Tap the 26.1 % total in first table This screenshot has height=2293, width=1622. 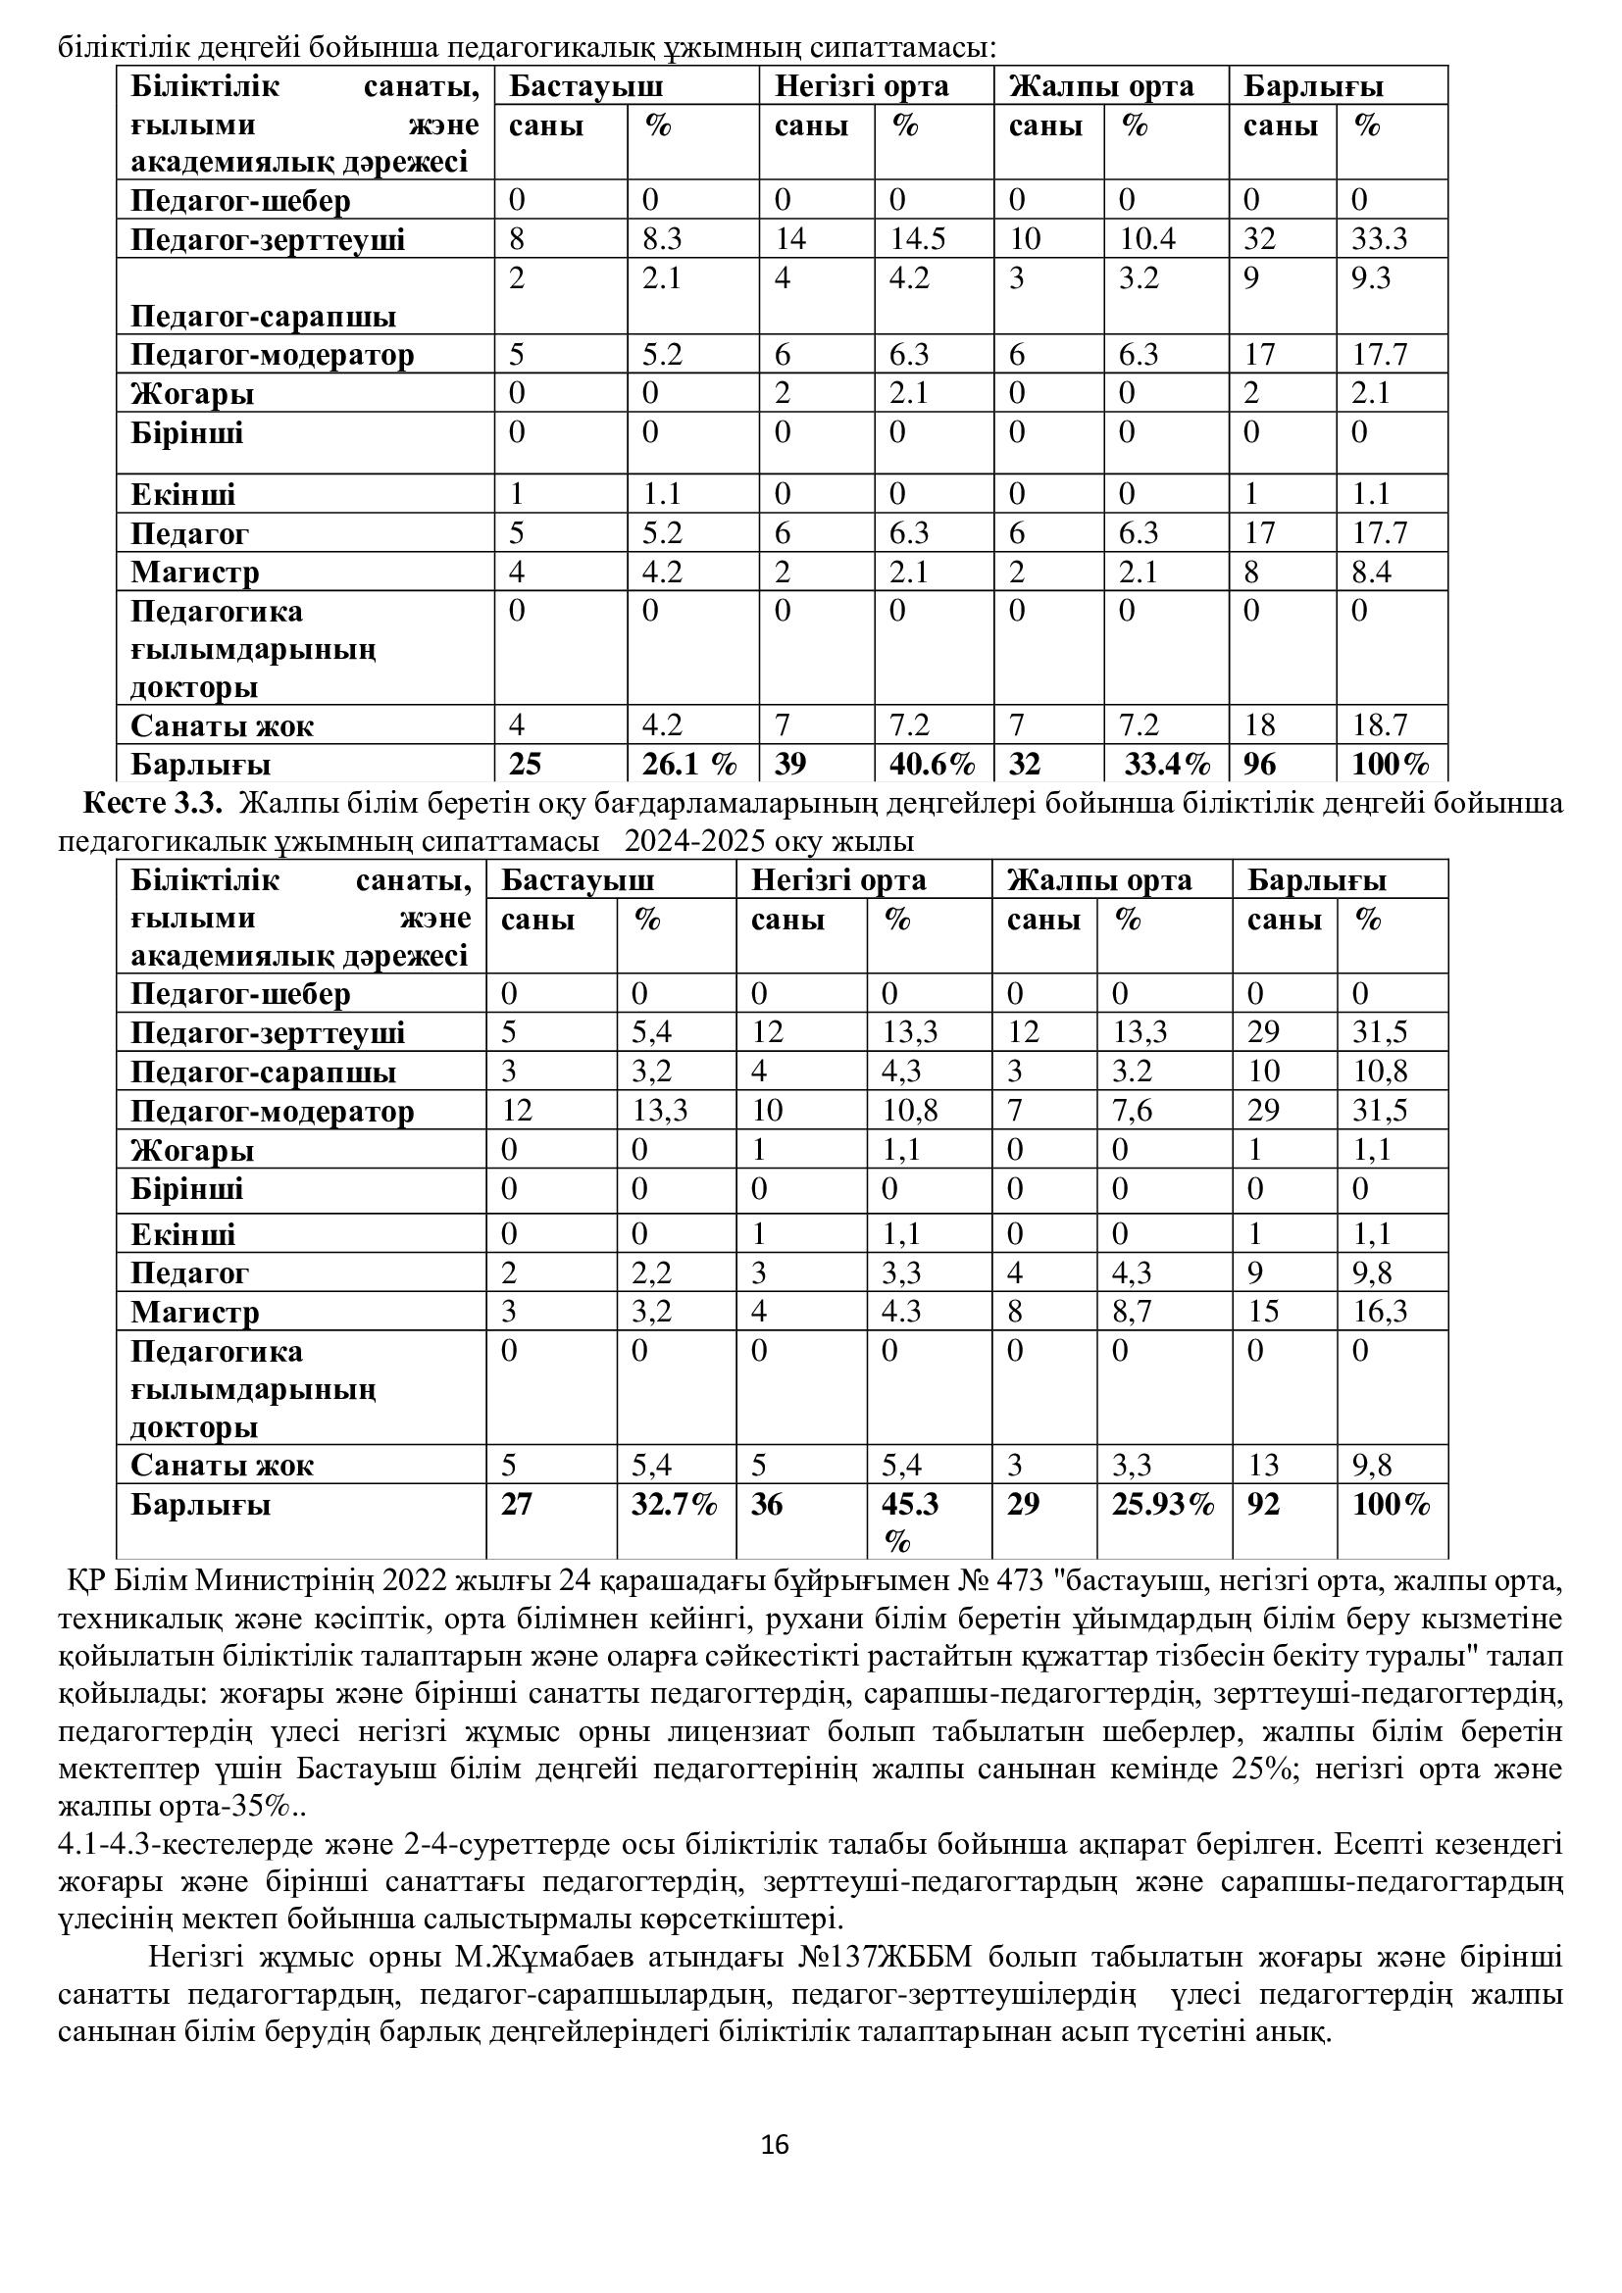[x=689, y=764]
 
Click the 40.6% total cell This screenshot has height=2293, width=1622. [x=932, y=764]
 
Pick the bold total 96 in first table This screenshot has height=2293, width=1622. [x=1259, y=764]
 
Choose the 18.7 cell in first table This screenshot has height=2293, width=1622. [x=1380, y=725]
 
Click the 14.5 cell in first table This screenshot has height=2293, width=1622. [x=917, y=239]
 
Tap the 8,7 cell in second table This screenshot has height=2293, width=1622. [x=1133, y=1312]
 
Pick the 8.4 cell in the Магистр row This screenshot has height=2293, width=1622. [x=1371, y=573]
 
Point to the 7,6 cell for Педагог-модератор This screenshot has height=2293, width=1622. [x=1133, y=1111]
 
